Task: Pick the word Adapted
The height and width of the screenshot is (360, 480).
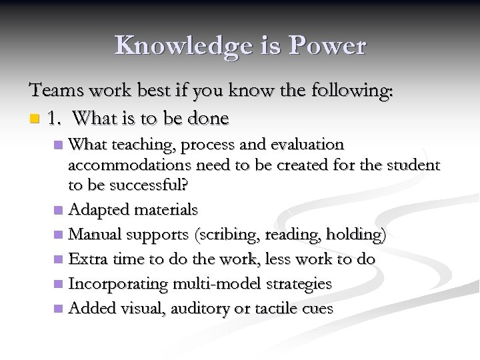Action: tap(99, 209)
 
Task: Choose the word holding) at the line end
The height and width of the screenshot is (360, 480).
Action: tap(358, 235)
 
